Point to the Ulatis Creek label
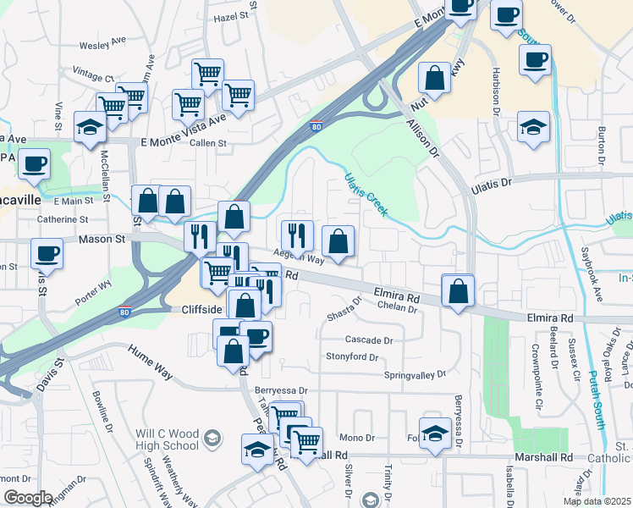tap(366, 194)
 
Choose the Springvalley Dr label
tap(415, 373)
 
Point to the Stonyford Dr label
tap(353, 356)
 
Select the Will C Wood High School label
tap(167, 439)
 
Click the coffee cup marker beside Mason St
tap(46, 252)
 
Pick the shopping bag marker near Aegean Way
tap(338, 241)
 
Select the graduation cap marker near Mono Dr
tap(434, 433)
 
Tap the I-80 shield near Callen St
tap(315, 127)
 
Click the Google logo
tap(27, 497)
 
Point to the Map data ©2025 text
tap(597, 501)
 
